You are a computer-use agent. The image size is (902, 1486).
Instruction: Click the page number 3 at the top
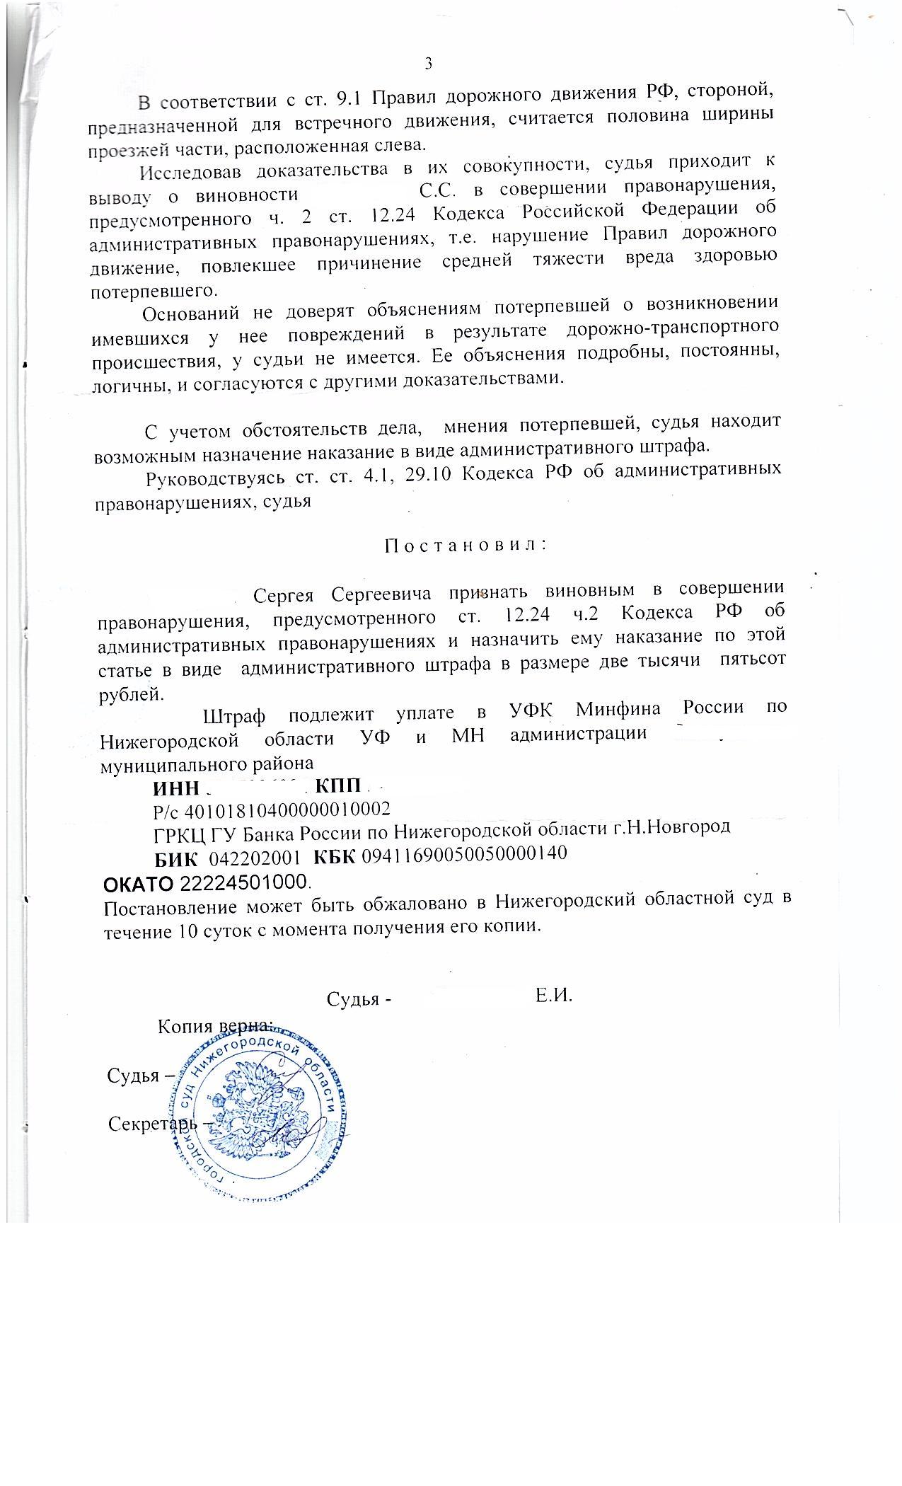(x=428, y=64)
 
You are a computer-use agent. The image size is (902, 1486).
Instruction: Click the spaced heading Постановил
(x=466, y=546)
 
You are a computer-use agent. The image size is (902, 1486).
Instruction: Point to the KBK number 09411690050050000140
(x=464, y=853)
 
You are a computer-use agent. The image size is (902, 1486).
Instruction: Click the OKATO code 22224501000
(x=245, y=884)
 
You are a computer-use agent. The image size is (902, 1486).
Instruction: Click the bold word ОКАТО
(x=139, y=885)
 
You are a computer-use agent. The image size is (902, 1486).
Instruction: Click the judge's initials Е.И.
(x=553, y=996)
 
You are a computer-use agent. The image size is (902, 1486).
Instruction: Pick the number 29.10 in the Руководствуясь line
(x=425, y=474)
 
